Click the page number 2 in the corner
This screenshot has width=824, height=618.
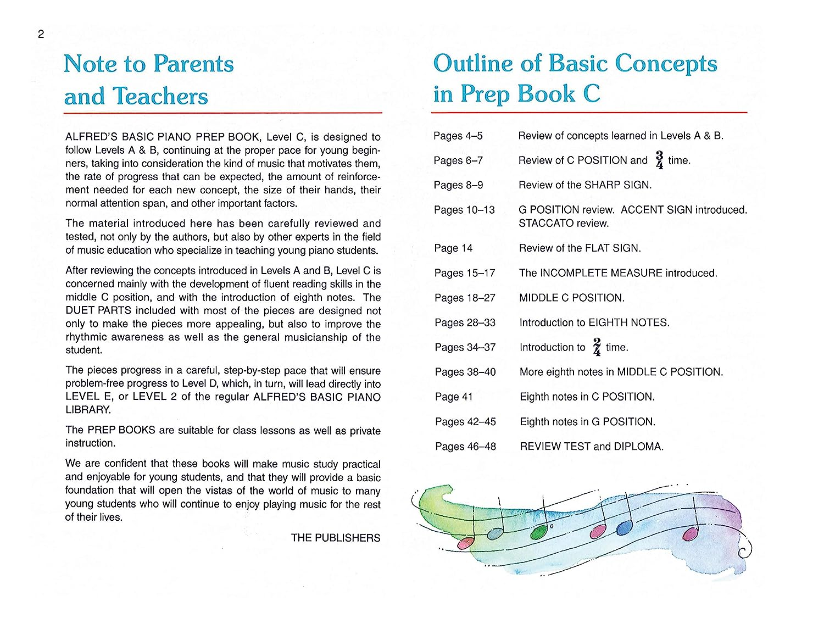coord(41,34)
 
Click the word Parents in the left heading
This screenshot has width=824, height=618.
coord(193,64)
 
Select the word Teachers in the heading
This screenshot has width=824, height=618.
coord(160,96)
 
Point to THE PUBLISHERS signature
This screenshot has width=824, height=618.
coord(335,538)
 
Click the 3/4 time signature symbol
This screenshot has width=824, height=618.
coord(659,160)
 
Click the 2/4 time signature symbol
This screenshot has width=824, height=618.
coord(597,347)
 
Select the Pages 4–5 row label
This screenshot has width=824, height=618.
coord(458,136)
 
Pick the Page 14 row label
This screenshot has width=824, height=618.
coord(453,248)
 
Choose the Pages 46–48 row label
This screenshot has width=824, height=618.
coord(465,447)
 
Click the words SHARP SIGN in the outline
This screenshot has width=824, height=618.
coord(617,185)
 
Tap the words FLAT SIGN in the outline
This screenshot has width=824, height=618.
coord(613,248)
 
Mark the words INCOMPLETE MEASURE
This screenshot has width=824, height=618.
coord(601,273)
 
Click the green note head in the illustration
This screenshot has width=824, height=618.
coord(539,532)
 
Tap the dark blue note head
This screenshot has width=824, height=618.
coord(624,528)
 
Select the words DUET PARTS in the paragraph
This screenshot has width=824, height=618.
coord(98,310)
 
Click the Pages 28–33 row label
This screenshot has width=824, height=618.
coord(465,322)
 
